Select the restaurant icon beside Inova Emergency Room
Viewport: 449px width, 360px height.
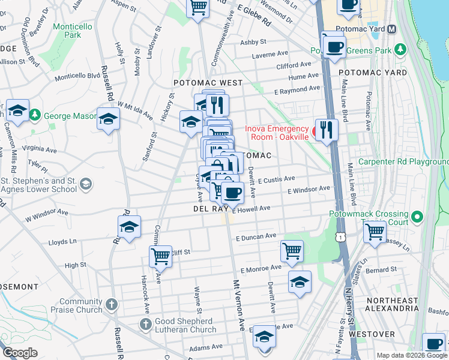pos(327,130)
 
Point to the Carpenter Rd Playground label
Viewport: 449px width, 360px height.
pos(403,162)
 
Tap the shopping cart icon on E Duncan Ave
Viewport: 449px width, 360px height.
pos(292,251)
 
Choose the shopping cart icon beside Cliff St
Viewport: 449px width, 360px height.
pos(160,256)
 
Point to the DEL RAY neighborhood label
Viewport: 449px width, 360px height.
pos(209,209)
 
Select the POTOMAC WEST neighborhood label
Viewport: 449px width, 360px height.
pos(208,83)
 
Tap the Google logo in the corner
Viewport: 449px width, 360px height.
pos(20,353)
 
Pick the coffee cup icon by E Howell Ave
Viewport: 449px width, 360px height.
pos(232,193)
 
